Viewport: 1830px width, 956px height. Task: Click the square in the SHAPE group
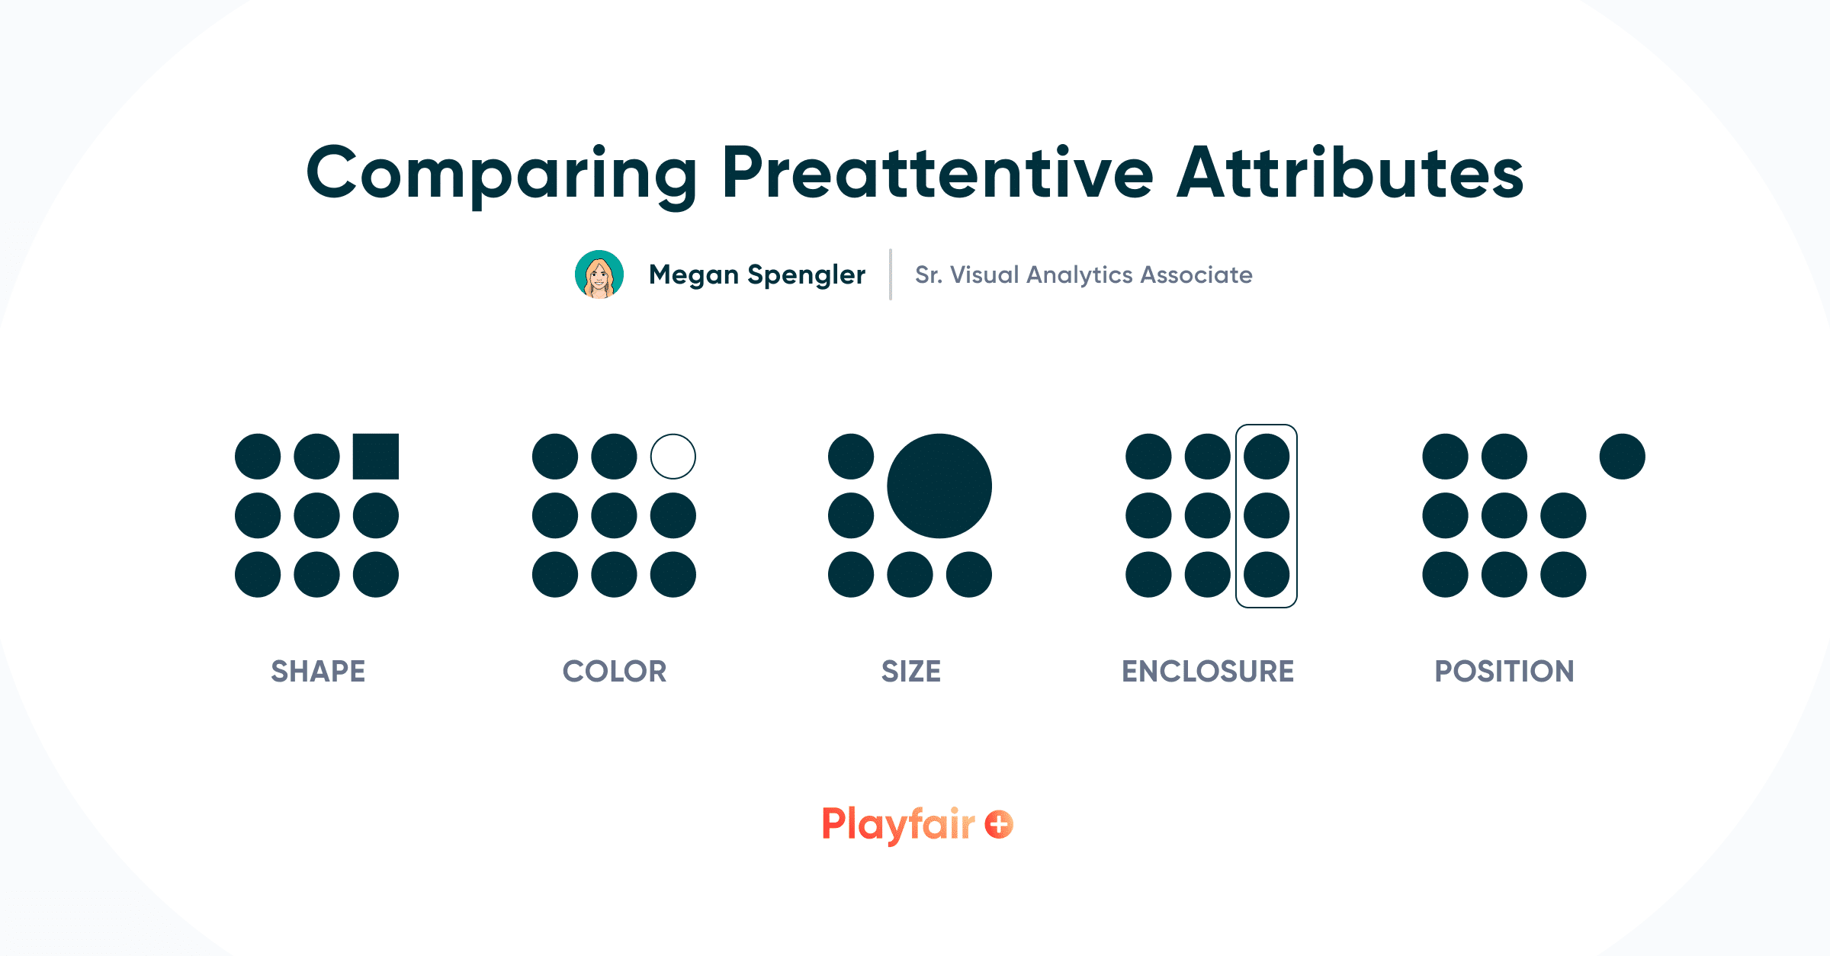(376, 457)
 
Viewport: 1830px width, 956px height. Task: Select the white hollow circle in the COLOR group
(673, 457)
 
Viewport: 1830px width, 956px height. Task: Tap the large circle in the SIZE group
(939, 486)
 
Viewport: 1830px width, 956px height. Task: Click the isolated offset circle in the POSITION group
(1622, 457)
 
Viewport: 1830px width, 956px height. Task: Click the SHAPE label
(318, 672)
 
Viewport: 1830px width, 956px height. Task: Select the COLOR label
(615, 672)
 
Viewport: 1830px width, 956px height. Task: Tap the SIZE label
(911, 672)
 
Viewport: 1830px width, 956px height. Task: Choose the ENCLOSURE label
(1208, 672)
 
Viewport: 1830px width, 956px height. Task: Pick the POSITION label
(1504, 672)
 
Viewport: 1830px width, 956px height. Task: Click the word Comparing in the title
(501, 174)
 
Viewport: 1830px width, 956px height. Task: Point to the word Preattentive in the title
(937, 174)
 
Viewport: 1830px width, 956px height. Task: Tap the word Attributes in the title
(1350, 174)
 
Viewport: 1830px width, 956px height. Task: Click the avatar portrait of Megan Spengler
(599, 274)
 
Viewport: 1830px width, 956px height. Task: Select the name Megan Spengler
(757, 274)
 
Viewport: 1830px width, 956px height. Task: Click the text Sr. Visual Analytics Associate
(1084, 274)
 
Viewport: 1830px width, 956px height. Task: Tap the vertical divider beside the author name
(890, 274)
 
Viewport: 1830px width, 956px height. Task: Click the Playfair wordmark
(898, 824)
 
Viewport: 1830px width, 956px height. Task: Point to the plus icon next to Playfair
(999, 824)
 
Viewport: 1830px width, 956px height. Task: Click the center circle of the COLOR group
(614, 515)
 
